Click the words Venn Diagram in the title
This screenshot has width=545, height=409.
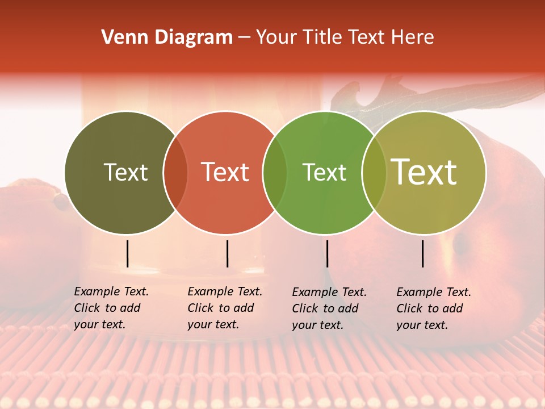click(167, 37)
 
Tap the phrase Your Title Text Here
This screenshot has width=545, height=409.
click(345, 37)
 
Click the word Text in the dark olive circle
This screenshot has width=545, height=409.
click(125, 172)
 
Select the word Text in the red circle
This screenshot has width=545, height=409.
click(225, 172)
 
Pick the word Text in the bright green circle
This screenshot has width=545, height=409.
click(325, 172)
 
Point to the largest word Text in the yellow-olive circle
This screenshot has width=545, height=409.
click(424, 172)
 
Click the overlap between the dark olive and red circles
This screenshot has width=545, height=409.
click(175, 172)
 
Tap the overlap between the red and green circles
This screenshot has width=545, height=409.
click(275, 172)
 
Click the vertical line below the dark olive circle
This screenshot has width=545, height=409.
click(127, 253)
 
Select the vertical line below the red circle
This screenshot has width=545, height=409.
click(227, 253)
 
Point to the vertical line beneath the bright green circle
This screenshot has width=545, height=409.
click(327, 253)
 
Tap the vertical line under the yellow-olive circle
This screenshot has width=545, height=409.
click(422, 253)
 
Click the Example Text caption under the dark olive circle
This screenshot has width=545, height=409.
click(111, 308)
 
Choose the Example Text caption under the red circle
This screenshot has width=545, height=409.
click(225, 308)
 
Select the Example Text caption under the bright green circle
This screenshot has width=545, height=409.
click(329, 308)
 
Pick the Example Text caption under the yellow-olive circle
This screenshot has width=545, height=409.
click(434, 308)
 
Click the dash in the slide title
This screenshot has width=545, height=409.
click(244, 37)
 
